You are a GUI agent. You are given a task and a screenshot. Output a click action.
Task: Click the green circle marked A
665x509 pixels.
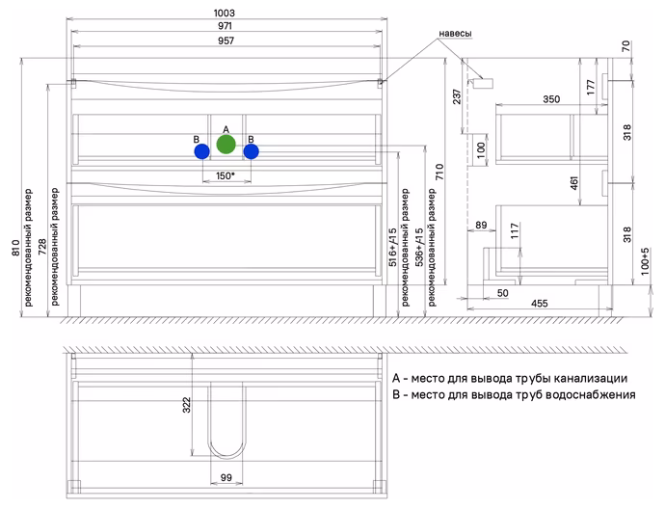point(226,145)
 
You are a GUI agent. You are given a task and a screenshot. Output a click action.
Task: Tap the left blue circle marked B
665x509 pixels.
point(201,151)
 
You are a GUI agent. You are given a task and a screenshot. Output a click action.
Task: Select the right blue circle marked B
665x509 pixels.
point(252,151)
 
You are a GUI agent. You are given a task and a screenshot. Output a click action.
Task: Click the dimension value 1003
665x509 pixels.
point(225,13)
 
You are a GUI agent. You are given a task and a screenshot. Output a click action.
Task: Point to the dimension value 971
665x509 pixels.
point(226,26)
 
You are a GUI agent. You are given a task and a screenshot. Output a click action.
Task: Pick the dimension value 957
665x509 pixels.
point(226,40)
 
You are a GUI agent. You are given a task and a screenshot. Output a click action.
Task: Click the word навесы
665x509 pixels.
point(455,33)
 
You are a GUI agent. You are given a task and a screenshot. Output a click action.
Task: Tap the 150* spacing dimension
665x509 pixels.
point(226,175)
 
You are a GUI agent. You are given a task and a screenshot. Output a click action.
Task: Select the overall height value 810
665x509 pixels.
point(15,248)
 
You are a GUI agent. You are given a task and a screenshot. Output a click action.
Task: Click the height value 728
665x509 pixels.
point(42,247)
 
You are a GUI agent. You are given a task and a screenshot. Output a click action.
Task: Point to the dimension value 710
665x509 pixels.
point(439,172)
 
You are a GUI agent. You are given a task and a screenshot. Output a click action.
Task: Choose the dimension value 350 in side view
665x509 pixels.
point(551,99)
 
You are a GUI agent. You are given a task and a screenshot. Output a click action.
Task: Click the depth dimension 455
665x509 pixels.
point(540,304)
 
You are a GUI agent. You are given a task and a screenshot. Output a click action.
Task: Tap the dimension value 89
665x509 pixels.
point(481,225)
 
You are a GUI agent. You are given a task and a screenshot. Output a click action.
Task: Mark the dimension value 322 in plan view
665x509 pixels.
point(187,405)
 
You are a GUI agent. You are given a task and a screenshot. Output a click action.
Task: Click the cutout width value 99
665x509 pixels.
point(226,477)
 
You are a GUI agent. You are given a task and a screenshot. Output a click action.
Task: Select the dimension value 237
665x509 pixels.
point(457,96)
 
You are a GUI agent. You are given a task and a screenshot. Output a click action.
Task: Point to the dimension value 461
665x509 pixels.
point(573,183)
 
